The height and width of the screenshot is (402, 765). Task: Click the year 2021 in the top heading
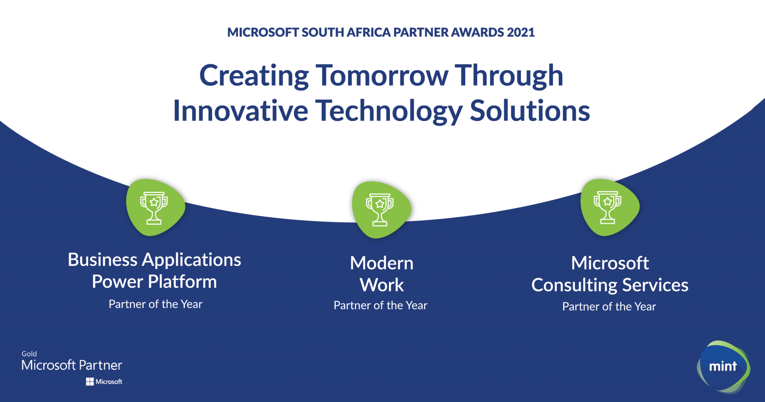(x=520, y=32)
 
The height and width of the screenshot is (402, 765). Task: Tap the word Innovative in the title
(x=242, y=110)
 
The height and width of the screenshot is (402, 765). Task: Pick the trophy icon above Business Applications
(x=154, y=207)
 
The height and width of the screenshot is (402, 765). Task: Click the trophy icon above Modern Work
(x=380, y=209)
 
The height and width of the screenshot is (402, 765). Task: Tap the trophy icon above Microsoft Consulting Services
(x=608, y=207)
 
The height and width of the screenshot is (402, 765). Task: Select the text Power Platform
(x=154, y=282)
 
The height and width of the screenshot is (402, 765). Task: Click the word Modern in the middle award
(x=382, y=263)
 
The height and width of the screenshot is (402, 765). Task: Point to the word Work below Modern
(x=382, y=285)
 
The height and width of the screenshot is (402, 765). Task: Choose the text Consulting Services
(x=610, y=285)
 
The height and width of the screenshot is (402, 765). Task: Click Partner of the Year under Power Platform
(x=155, y=304)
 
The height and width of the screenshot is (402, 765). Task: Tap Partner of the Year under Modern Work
(x=381, y=306)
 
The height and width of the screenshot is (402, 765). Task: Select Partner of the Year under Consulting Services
(x=609, y=307)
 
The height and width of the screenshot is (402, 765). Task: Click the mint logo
(x=723, y=367)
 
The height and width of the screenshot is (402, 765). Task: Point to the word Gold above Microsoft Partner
(x=29, y=354)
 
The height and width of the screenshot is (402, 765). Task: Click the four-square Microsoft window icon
(x=90, y=382)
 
